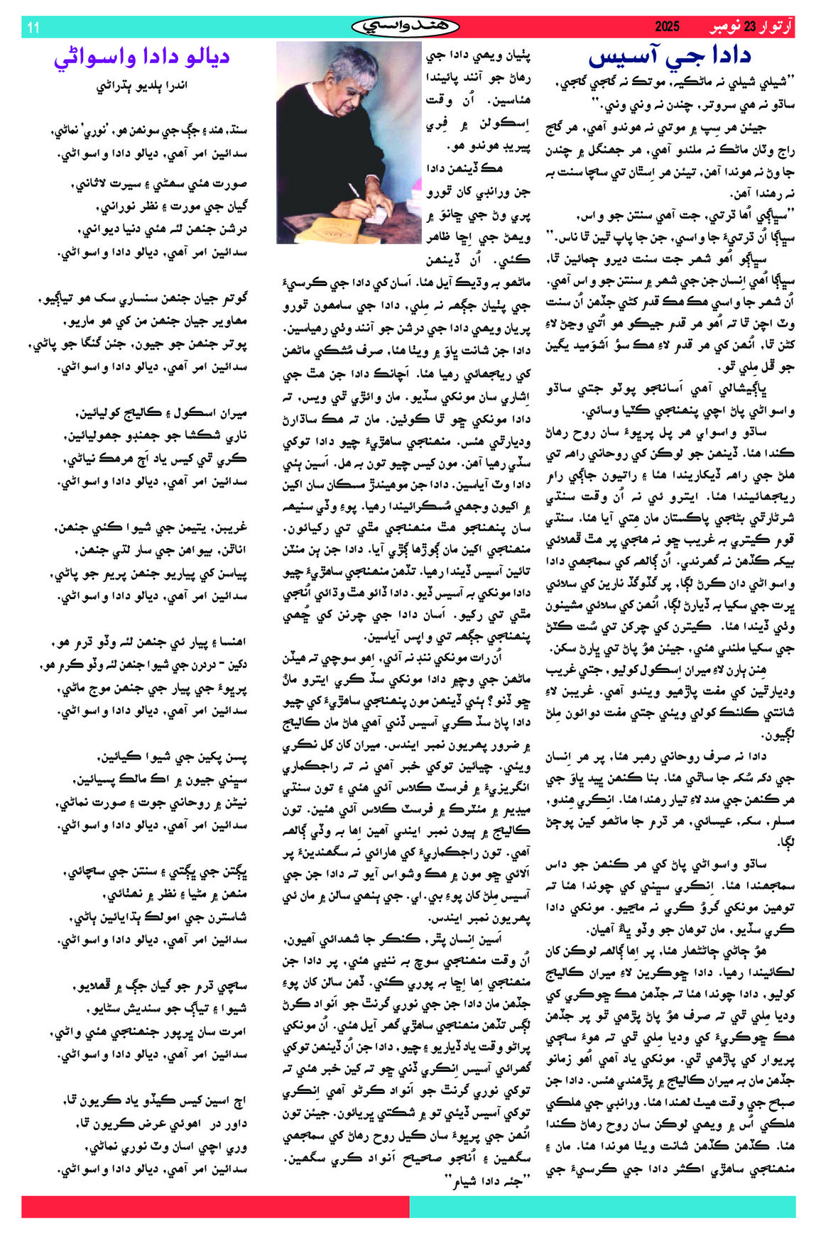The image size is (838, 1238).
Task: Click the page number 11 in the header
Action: click(x=33, y=28)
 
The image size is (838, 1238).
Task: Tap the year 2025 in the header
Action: click(x=667, y=27)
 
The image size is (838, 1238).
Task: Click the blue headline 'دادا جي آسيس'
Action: click(x=670, y=57)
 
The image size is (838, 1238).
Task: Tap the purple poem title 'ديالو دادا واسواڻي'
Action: click(x=142, y=57)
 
